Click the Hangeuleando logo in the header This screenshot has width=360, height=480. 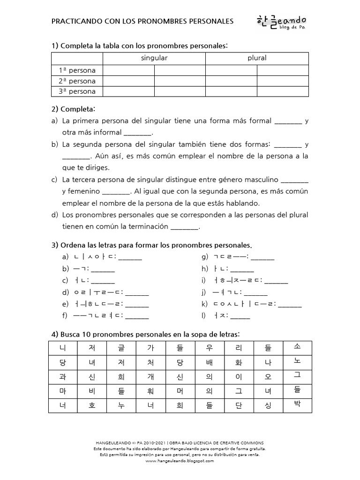click(x=281, y=22)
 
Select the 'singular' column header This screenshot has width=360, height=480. click(x=154, y=58)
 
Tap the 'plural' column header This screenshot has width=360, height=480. click(x=257, y=58)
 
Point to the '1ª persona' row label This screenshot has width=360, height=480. click(x=77, y=70)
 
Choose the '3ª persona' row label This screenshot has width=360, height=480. click(x=77, y=91)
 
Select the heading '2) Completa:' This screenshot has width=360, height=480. click(x=73, y=109)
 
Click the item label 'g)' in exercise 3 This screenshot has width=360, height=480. click(x=205, y=257)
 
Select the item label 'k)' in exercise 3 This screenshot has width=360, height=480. click(x=204, y=304)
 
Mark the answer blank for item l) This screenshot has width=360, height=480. click(x=240, y=316)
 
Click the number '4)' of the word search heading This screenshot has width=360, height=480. click(x=55, y=334)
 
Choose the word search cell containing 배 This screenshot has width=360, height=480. click(x=210, y=362)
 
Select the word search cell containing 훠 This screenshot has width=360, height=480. click(x=150, y=391)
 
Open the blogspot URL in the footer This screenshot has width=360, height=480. click(x=180, y=461)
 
